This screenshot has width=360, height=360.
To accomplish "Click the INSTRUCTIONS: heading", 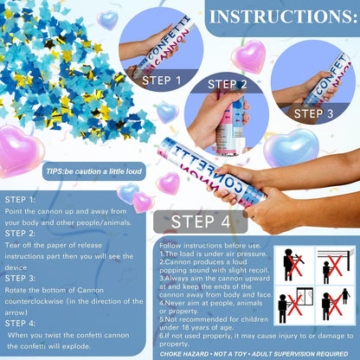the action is tap(283, 16).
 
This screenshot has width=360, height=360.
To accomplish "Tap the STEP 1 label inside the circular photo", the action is tap(162, 80).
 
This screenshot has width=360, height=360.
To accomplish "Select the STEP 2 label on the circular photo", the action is tap(228, 84).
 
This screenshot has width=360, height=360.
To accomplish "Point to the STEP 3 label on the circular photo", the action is tap(313, 113).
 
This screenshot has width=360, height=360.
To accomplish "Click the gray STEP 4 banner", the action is tap(201, 222).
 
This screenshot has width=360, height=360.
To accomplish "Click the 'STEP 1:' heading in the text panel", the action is tap(20, 200).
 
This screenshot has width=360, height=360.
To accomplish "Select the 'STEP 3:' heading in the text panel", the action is tap(20, 279).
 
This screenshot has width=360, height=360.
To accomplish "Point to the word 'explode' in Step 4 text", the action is tap(76, 346).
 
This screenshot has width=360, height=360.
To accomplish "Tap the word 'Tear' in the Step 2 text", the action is tap(12, 245).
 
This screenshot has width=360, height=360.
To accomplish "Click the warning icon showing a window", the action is tap(294, 305).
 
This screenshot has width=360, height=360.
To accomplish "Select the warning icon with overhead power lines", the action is tap(336, 266).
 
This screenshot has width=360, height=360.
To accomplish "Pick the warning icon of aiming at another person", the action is tap(336, 305).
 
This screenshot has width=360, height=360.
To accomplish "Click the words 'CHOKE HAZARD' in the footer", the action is tap(184, 354).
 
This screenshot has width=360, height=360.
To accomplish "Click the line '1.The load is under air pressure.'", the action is tap(213, 254).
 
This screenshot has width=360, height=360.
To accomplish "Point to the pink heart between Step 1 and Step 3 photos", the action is tap(248, 56).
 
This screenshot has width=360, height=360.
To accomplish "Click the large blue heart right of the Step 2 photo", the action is tap(292, 147).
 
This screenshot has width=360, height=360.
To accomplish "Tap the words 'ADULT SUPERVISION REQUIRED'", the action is tap(300, 354).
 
